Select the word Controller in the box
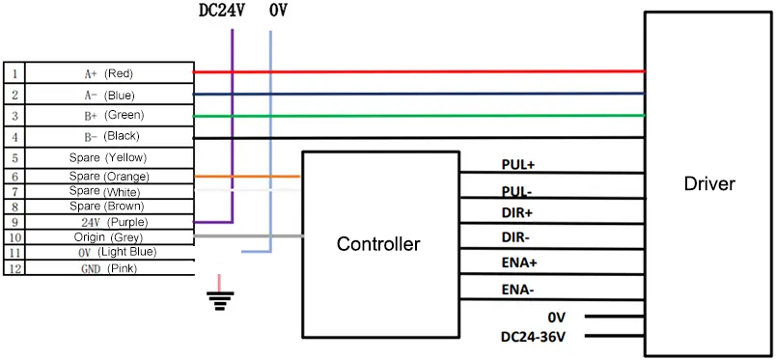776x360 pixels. [377, 244]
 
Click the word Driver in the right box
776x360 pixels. [708, 184]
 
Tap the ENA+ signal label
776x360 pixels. [518, 263]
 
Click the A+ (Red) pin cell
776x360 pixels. [109, 73]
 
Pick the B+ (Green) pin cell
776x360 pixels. [109, 115]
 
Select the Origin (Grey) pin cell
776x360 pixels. [109, 236]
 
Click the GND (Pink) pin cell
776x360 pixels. [109, 268]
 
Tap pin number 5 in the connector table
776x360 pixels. [14, 157]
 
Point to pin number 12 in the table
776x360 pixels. [14, 268]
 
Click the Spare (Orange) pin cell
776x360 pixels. [109, 177]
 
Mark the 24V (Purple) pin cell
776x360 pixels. [109, 221]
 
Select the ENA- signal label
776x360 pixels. [517, 289]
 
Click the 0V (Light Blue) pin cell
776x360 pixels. [109, 252]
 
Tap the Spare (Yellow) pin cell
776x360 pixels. [109, 157]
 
